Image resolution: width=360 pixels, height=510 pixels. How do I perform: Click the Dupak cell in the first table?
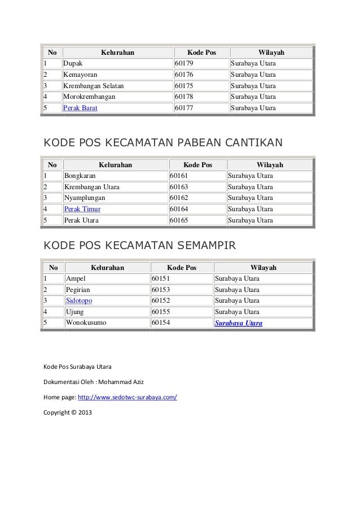72,64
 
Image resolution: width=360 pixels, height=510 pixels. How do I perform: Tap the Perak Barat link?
80,107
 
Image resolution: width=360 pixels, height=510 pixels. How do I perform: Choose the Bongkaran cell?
80,176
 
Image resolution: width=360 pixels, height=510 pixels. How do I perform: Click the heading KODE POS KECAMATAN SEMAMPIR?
139,246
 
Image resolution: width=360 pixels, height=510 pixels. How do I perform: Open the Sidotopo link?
80,300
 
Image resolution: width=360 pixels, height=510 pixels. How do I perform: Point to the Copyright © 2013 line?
67,413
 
